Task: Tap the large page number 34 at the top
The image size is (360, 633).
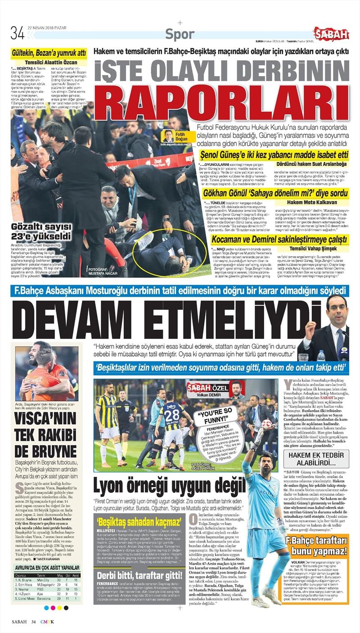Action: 17,33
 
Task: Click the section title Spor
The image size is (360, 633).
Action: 180,34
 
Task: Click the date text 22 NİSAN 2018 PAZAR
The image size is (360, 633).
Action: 47,27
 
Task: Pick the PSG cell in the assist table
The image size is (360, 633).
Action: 41,588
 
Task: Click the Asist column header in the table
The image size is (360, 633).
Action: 76,575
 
